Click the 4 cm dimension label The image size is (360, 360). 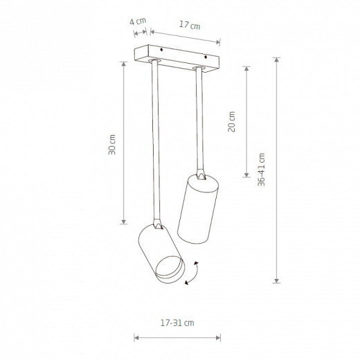click(138, 21)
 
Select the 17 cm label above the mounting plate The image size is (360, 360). click(190, 25)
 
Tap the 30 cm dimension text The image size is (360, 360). click(112, 145)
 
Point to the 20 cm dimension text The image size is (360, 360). click(231, 122)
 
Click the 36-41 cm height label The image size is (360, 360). click(261, 170)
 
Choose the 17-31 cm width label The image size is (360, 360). click(177, 323)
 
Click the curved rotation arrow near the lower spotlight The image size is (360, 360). click(193, 273)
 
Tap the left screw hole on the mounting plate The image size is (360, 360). click(161, 49)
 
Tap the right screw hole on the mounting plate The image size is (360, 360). click(206, 57)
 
